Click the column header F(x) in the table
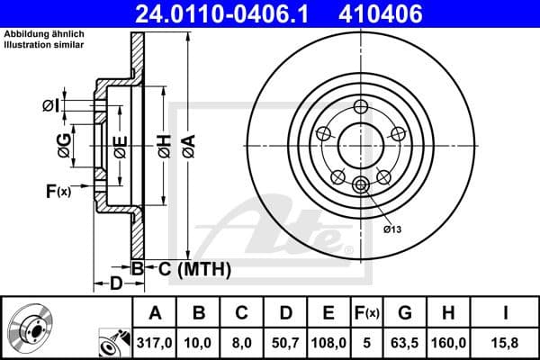tap(367, 312)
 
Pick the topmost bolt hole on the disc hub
tap(361, 107)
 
